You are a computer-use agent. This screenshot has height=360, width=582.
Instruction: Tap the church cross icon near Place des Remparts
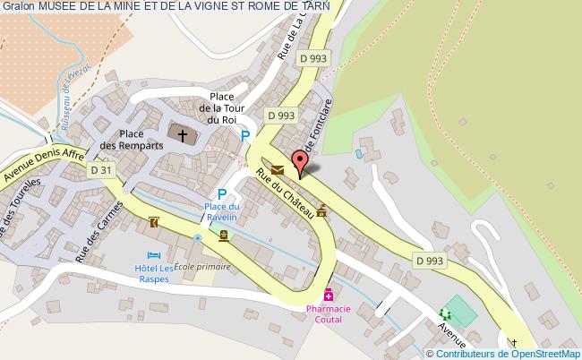pyautogui.click(x=183, y=135)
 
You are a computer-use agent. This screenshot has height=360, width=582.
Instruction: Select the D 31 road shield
pyautogui.click(x=101, y=168)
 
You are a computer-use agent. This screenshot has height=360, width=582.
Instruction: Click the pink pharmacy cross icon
pyautogui.click(x=329, y=294)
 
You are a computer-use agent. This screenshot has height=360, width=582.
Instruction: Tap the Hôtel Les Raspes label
pyautogui.click(x=153, y=273)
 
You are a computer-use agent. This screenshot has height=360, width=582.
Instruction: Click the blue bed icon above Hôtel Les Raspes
pyautogui.click(x=153, y=255)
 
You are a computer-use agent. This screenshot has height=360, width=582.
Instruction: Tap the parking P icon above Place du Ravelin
pyautogui.click(x=221, y=193)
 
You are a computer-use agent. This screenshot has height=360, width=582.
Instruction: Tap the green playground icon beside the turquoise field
pyautogui.click(x=445, y=313)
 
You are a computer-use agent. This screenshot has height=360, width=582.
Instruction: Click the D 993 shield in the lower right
pyautogui.click(x=431, y=260)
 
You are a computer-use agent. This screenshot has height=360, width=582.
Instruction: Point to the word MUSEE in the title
pyautogui.click(x=56, y=6)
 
